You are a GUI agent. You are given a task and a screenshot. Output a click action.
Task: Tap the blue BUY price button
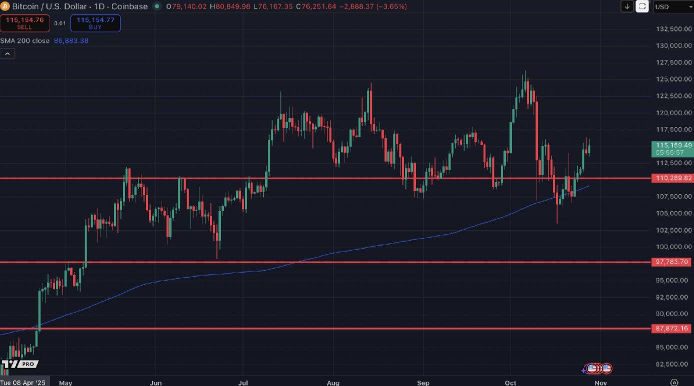95,23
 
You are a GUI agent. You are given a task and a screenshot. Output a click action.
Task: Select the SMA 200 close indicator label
24,40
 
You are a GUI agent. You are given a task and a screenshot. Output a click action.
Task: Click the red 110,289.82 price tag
672,178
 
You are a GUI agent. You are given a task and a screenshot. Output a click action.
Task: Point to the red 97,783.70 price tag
672,262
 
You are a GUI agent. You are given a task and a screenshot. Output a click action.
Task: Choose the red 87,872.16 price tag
672,329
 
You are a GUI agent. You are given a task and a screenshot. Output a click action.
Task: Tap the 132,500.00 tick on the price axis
673,29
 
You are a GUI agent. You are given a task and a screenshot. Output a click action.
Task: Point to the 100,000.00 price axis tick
673,247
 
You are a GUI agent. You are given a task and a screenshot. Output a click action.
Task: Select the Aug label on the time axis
333,383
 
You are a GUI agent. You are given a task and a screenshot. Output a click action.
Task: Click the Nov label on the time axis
600,383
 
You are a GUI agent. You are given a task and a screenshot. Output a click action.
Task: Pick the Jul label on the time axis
243,383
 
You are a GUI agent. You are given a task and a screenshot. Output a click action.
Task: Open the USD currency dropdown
672,6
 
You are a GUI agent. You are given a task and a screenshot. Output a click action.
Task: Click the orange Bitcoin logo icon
5,6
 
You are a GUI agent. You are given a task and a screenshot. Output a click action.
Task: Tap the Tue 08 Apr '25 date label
23,383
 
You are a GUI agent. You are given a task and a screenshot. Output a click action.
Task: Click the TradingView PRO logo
20,364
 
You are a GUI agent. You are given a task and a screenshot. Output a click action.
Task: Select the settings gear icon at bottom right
674,383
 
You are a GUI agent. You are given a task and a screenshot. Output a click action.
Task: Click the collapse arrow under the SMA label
7,53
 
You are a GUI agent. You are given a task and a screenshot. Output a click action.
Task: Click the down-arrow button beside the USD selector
627,6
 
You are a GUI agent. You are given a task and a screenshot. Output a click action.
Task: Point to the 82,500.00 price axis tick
673,364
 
